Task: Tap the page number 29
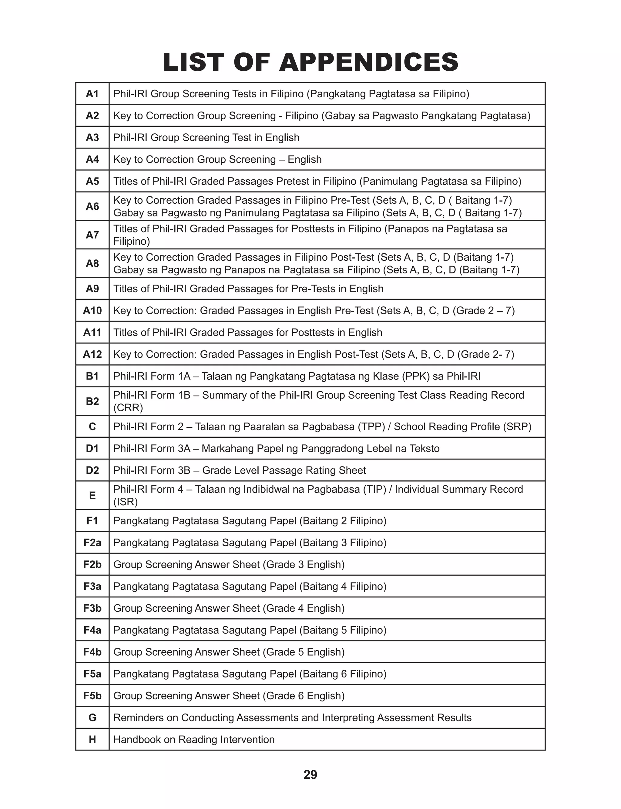[310, 774]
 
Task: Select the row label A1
[92, 94]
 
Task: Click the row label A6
[92, 206]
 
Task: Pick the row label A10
[92, 310]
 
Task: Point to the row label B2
[92, 401]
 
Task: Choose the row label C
[92, 427]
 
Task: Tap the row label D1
[92, 449]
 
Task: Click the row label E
[92, 495]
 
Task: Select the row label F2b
[92, 564]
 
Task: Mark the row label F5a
[92, 674]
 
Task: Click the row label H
[92, 740]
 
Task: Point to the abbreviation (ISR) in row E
[125, 502]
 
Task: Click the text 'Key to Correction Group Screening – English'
[217, 159]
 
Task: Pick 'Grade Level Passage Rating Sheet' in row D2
[284, 470]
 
